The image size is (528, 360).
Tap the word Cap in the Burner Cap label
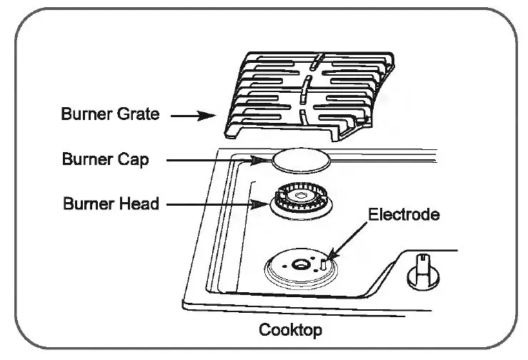coord(134,159)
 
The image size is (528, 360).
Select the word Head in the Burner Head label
coord(139,204)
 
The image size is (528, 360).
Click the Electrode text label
coord(403,214)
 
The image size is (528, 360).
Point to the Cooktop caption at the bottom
coord(290,331)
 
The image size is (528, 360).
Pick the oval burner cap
coord(302,159)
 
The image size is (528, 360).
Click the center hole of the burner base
coord(301,266)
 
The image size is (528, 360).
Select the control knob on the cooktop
coord(422,271)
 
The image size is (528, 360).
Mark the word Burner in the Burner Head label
coord(90,204)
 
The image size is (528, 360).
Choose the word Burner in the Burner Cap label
coord(89,159)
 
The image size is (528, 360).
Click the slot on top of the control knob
coord(422,258)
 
